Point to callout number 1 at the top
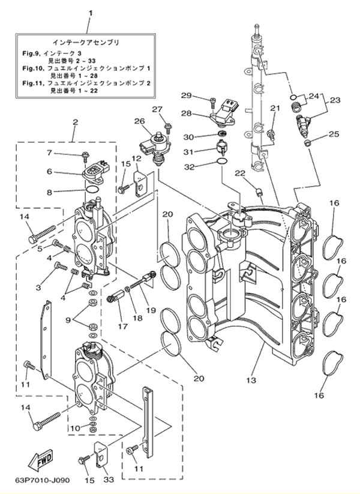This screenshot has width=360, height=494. pos(89,13)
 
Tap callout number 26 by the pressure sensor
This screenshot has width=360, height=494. pos(139,121)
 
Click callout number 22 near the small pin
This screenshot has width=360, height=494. pos(240,173)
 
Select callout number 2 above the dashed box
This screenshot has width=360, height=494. pos(76,122)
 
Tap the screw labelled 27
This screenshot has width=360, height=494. pos(169,127)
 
